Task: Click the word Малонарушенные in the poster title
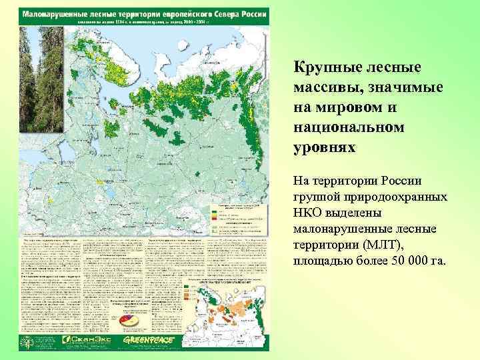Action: point(60,13)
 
